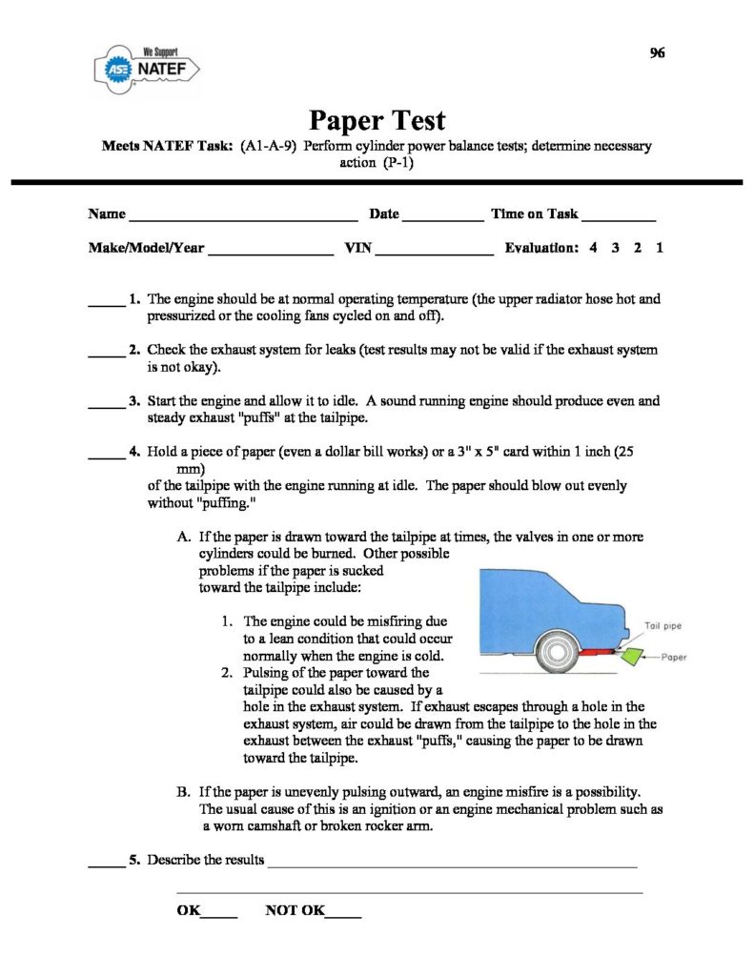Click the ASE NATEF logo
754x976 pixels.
pos(147,67)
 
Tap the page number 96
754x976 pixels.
pos(657,52)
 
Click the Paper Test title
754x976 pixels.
pos(377,121)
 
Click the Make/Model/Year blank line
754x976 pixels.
pos(270,253)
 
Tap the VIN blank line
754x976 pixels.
pos(436,253)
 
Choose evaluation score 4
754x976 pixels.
pos(593,248)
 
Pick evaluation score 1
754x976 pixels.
pos(660,248)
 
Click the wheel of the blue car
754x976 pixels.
pos(557,652)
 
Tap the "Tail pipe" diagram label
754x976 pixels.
pos(663,626)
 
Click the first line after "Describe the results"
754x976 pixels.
pos(453,865)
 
